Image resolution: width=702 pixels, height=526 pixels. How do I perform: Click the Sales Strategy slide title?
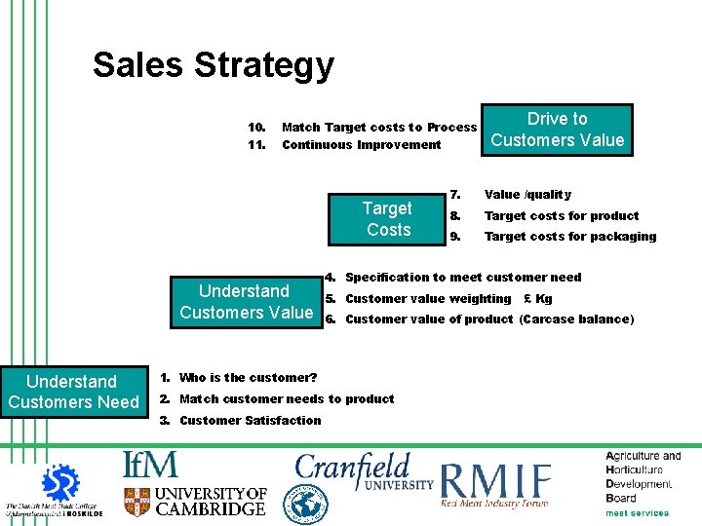click(x=213, y=66)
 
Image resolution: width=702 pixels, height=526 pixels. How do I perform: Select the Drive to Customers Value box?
click(x=557, y=130)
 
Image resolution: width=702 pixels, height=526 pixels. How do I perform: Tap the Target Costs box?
click(x=387, y=219)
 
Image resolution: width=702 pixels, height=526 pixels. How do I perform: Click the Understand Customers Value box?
click(x=246, y=302)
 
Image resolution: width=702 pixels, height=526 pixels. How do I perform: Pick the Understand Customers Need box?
click(x=73, y=392)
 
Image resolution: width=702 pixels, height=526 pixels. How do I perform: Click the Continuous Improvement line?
click(x=361, y=145)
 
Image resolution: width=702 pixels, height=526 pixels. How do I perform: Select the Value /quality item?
click(x=527, y=195)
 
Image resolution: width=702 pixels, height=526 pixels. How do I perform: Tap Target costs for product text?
click(x=562, y=216)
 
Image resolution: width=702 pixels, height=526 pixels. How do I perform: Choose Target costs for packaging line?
click(x=570, y=237)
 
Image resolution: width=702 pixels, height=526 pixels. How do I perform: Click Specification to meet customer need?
click(x=463, y=278)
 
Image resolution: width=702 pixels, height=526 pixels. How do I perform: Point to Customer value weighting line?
click(x=428, y=299)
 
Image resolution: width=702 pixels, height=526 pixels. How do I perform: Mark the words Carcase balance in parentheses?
click(x=576, y=319)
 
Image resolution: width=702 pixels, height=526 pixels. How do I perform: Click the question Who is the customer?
click(x=249, y=378)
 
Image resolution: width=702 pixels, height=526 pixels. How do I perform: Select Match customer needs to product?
click(x=287, y=399)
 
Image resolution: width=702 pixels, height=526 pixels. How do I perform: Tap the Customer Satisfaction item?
click(x=250, y=421)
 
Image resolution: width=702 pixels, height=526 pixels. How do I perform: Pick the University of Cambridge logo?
click(x=195, y=502)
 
